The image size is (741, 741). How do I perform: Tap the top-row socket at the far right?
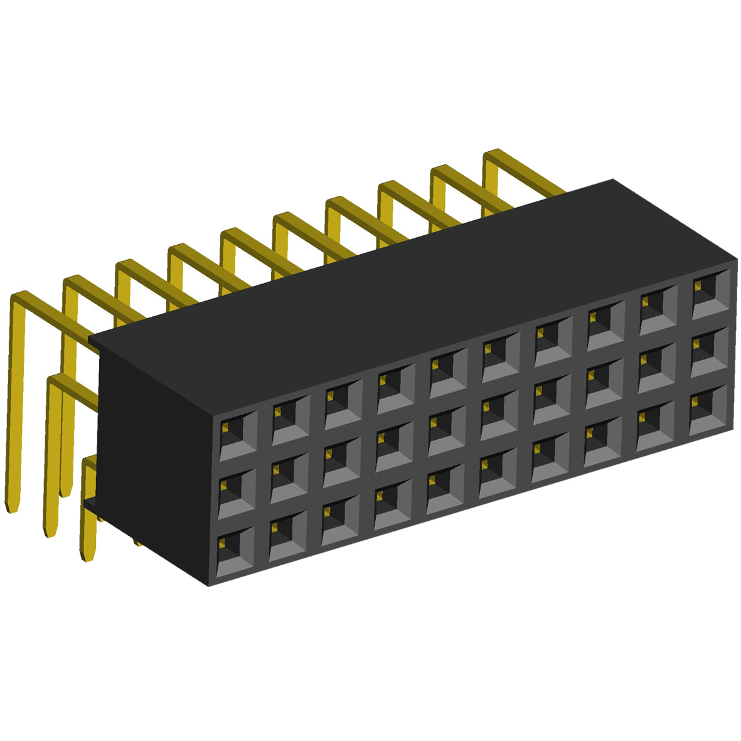tap(711, 292)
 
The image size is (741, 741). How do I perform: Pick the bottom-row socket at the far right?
tap(709, 410)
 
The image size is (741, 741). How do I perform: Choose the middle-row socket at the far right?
tap(710, 351)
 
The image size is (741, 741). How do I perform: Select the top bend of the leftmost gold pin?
tap(19, 297)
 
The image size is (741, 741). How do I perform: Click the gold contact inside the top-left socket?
tap(224, 427)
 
